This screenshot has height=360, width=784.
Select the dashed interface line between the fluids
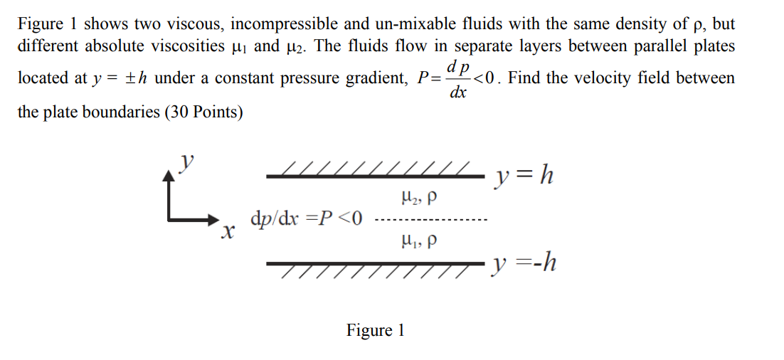tap(430, 218)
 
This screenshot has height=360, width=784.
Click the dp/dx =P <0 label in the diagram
tap(307, 217)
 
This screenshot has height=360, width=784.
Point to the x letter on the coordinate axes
tap(227, 231)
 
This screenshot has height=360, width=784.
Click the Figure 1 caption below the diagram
tap(375, 330)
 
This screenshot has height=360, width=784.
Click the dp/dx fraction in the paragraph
tap(459, 78)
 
